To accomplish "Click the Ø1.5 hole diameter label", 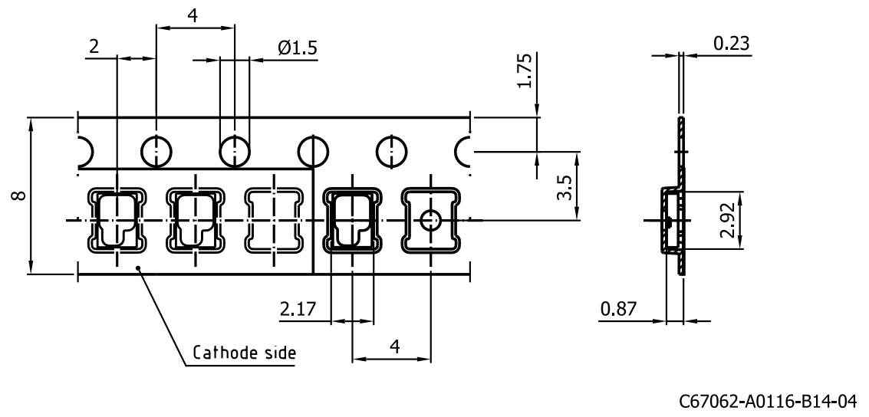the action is (298, 48).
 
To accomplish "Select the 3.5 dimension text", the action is (563, 189).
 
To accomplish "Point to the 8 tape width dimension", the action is (18, 195).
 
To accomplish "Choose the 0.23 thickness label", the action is (732, 43).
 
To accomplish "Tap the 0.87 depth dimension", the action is (618, 308).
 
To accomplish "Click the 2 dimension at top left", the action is (94, 47).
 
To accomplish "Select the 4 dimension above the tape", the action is (193, 15).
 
